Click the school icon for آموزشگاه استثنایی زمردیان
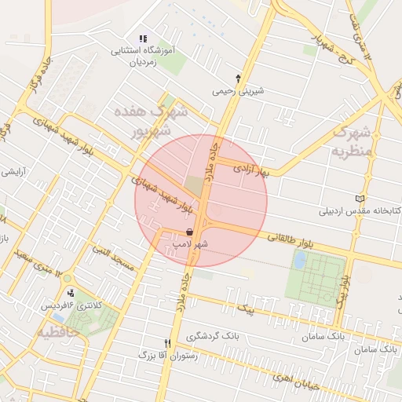143,38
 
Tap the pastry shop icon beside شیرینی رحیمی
238,79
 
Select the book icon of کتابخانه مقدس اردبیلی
360,199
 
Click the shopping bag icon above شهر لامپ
191,232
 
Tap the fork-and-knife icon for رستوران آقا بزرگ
167,343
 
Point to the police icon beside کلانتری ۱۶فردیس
71,293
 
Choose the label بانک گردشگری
214,336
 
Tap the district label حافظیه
57,333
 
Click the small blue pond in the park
299,260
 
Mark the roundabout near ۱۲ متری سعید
68,278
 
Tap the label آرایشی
13,172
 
